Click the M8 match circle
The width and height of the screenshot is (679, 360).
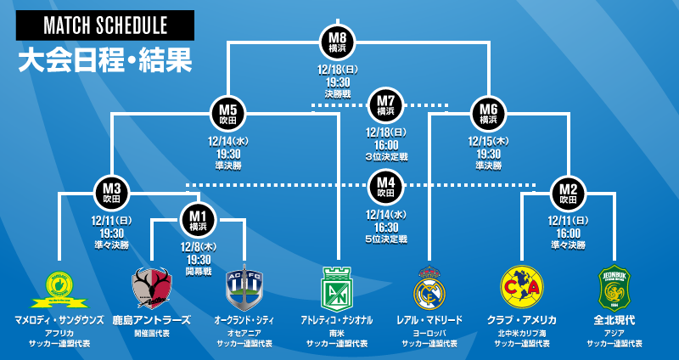(x=338, y=42)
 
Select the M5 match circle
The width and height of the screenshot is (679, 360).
(x=227, y=115)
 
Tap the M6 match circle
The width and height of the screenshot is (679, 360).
(x=488, y=115)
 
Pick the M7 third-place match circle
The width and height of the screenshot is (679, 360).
(x=385, y=106)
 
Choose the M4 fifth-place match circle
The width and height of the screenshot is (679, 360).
(x=385, y=186)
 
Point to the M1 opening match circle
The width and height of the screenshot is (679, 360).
(x=198, y=220)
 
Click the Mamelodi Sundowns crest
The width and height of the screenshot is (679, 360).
(x=59, y=289)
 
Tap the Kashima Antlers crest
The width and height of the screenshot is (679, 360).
(x=151, y=289)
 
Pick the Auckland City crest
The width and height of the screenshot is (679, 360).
(x=244, y=289)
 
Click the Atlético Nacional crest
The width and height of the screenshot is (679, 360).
(x=337, y=289)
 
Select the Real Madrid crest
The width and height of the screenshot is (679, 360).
(x=429, y=289)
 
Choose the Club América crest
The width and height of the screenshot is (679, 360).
(x=521, y=289)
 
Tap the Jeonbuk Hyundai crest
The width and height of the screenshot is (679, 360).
(x=614, y=289)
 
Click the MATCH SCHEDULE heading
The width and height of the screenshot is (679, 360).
(x=105, y=26)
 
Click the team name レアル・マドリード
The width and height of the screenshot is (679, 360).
(x=429, y=320)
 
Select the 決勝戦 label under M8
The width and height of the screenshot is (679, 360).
(x=338, y=93)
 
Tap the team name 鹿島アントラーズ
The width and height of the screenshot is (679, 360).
(x=151, y=320)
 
